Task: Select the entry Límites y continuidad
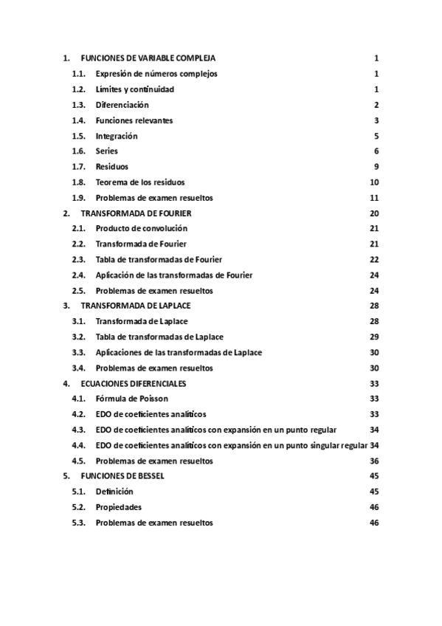coord(134,89)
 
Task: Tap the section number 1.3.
coord(79,105)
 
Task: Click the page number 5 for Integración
coord(376,136)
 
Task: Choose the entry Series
coord(106,151)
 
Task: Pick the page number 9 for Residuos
coord(376,167)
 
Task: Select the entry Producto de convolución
coord(141,228)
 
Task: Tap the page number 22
coord(374,259)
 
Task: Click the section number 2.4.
coord(79,275)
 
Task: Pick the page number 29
coord(374,337)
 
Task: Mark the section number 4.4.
coord(79,445)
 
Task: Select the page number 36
coord(374,461)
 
